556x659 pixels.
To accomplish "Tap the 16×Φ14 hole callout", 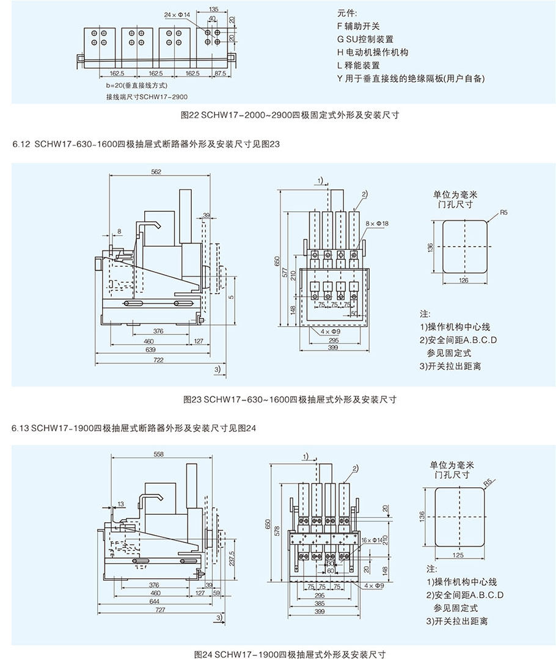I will point(371,539).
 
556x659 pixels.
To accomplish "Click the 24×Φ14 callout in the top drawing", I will point(178,13).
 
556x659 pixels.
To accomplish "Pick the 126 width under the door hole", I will point(464,280).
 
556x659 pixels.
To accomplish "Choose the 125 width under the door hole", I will point(459,555).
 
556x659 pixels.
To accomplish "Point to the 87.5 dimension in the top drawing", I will point(221,73).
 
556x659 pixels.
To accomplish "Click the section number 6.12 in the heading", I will point(20,144).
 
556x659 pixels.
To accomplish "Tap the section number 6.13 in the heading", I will point(20,428).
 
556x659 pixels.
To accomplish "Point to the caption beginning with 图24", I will point(289,654).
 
